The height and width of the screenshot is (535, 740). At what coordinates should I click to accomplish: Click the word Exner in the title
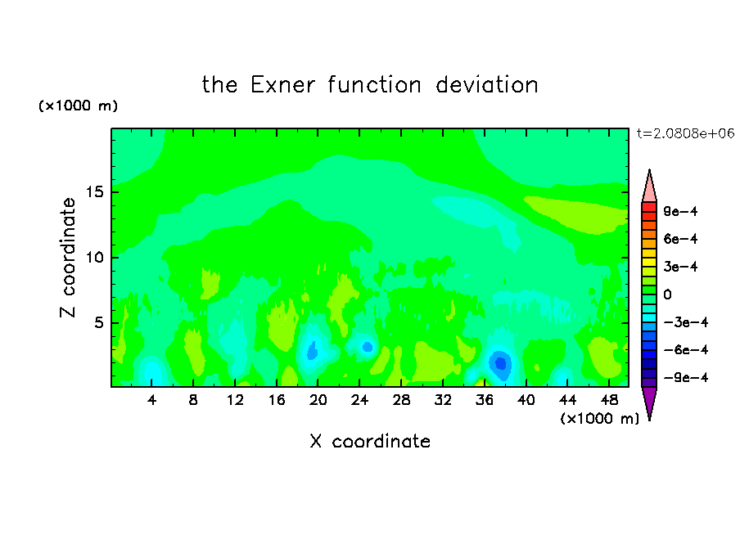pyautogui.click(x=282, y=85)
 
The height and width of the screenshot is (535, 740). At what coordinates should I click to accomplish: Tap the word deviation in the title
pyautogui.click(x=486, y=85)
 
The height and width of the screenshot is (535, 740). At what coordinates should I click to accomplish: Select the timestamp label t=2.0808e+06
pyautogui.click(x=685, y=133)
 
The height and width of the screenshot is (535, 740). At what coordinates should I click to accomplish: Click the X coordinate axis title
pyautogui.click(x=370, y=442)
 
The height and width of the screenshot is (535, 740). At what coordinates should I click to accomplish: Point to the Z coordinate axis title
pyautogui.click(x=67, y=258)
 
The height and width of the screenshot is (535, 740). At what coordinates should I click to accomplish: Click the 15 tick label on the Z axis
pyautogui.click(x=95, y=192)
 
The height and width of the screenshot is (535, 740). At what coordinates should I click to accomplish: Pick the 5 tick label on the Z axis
pyautogui.click(x=99, y=323)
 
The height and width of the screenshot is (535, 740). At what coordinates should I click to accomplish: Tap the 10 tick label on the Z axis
pyautogui.click(x=95, y=258)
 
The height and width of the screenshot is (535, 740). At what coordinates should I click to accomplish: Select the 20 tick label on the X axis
pyautogui.click(x=318, y=401)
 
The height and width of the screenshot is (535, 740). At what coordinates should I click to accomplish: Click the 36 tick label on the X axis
pyautogui.click(x=485, y=401)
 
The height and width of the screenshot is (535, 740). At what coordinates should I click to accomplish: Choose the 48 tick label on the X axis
pyautogui.click(x=609, y=401)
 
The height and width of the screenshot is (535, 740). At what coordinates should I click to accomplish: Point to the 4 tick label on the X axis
pyautogui.click(x=151, y=401)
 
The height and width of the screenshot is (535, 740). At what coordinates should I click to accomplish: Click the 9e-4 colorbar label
pyautogui.click(x=680, y=211)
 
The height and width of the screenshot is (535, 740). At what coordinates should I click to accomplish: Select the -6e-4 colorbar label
pyautogui.click(x=686, y=350)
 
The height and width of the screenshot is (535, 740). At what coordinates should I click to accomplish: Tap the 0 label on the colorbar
pyautogui.click(x=667, y=294)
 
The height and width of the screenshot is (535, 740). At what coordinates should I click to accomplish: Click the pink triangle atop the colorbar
pyautogui.click(x=649, y=186)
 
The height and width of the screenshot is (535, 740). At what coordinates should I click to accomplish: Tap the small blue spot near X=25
pyautogui.click(x=368, y=347)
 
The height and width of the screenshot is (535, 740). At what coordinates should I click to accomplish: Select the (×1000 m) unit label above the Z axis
pyautogui.click(x=78, y=106)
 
